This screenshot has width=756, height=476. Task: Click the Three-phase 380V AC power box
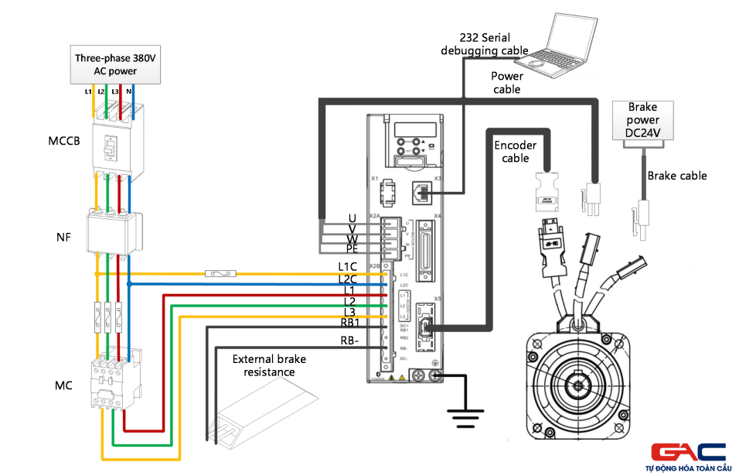[116, 64]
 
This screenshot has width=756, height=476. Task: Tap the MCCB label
[63, 141]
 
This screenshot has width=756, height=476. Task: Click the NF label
[63, 237]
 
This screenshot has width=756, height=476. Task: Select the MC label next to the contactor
[63, 385]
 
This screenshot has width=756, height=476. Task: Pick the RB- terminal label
[349, 341]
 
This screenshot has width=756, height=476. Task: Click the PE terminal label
[352, 249]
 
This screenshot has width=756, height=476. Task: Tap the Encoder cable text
[515, 152]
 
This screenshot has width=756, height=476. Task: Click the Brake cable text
[677, 176]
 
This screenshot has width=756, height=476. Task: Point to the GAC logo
[687, 456]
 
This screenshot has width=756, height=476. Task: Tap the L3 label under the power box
[114, 91]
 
